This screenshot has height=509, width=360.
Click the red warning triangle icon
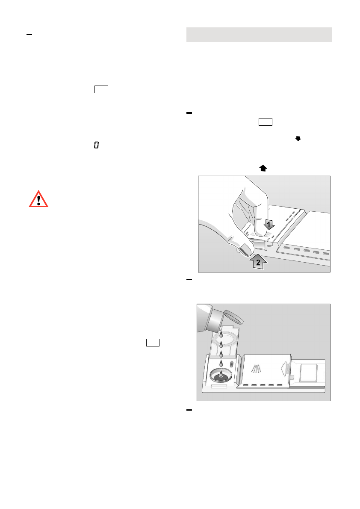(x=38, y=199)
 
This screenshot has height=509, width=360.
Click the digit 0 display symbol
(x=96, y=146)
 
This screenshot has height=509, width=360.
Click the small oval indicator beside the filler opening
(x=232, y=364)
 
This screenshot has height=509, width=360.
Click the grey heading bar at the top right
(x=259, y=35)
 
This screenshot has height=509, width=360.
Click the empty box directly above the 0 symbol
(x=102, y=89)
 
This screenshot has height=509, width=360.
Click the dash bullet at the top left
(x=30, y=34)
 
